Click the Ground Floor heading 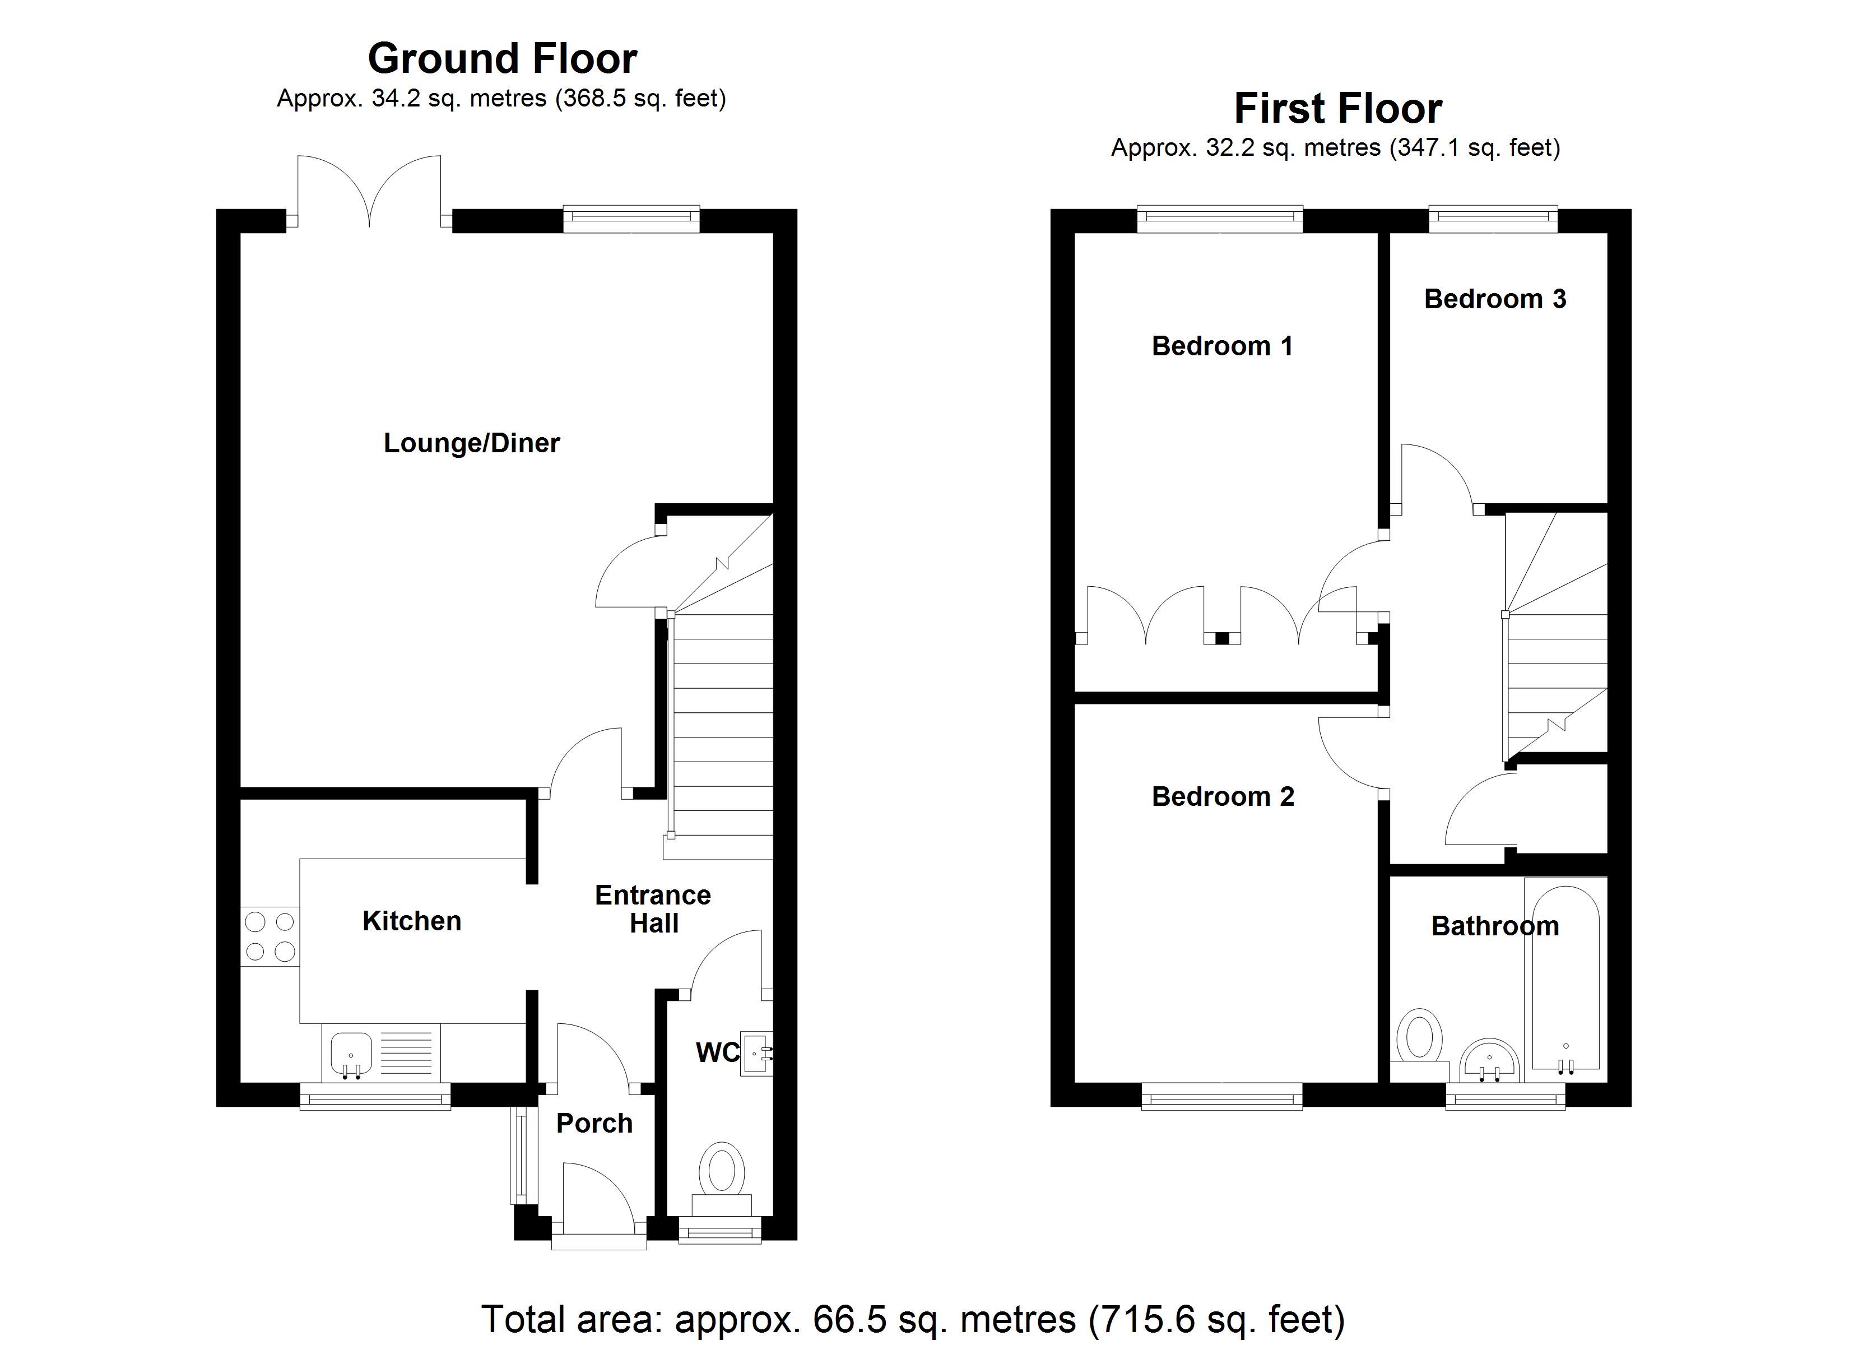click(502, 59)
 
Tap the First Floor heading click(1338, 109)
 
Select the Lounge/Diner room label click(471, 443)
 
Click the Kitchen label click(412, 921)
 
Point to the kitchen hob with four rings click(270, 936)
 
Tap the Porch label click(594, 1123)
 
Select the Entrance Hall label click(653, 908)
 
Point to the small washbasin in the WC click(756, 1054)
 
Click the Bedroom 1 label click(1222, 346)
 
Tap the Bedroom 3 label click(1495, 299)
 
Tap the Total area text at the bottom click(913, 1319)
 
